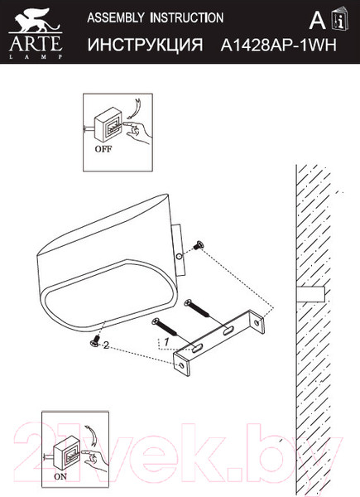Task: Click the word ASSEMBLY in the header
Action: tap(114, 17)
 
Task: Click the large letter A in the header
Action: tap(315, 21)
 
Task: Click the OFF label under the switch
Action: tap(103, 150)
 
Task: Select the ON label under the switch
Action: tap(62, 477)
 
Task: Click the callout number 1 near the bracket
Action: tap(166, 340)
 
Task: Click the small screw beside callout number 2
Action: tap(94, 340)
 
